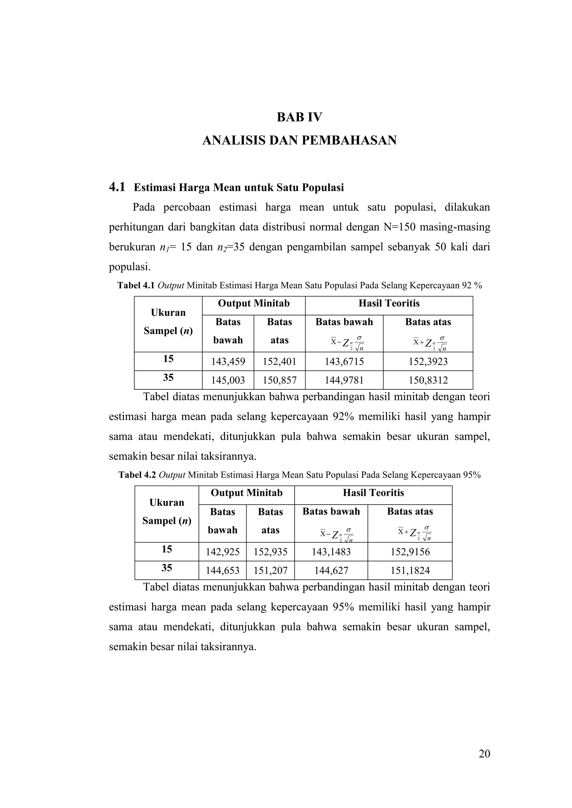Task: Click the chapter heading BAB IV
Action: (x=299, y=117)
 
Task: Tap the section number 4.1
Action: (x=117, y=187)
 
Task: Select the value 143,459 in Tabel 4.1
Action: (x=228, y=361)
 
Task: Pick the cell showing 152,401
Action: (x=279, y=361)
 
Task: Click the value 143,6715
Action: (x=344, y=361)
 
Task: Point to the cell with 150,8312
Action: (x=428, y=380)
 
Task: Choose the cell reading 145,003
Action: (x=228, y=380)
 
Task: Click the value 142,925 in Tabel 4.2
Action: (x=223, y=552)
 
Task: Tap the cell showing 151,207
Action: (x=271, y=570)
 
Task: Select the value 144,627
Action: (x=331, y=570)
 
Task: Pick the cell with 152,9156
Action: (x=410, y=552)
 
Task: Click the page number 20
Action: (x=484, y=754)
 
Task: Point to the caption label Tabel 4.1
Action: (x=136, y=286)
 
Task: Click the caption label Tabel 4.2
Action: (x=137, y=475)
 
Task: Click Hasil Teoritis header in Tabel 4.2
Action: (x=373, y=493)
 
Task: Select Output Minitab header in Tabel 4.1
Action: (x=254, y=303)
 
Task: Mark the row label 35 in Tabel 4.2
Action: (x=166, y=568)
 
